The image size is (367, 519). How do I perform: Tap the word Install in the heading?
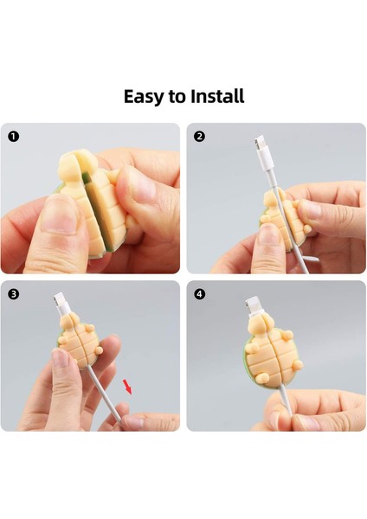pos(217,96)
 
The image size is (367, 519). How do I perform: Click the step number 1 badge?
pos(13,137)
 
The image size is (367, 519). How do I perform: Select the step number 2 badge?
pos(199,137)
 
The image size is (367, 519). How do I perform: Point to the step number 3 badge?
pos(13,294)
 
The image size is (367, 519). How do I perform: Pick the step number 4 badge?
pos(199,294)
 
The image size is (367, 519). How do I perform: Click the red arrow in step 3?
pos(127,387)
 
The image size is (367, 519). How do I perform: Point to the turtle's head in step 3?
pos(70,323)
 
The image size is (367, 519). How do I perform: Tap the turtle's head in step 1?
pos(78,163)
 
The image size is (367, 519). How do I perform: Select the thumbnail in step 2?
pos(269,234)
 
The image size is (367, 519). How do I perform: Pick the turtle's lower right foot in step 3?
pos(99,350)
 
